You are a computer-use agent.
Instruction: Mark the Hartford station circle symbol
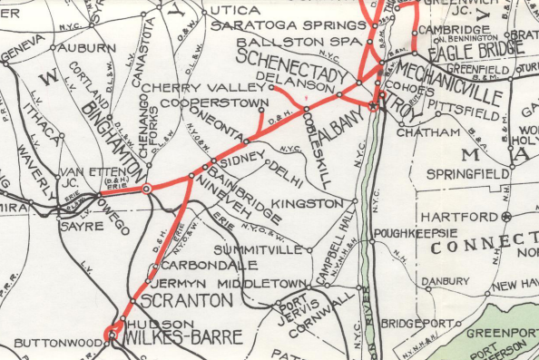tap(507, 217)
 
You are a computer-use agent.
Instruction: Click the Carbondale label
tap(198, 265)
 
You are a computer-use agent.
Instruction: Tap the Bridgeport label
tap(419, 322)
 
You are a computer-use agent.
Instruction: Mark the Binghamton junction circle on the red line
tap(146, 189)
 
